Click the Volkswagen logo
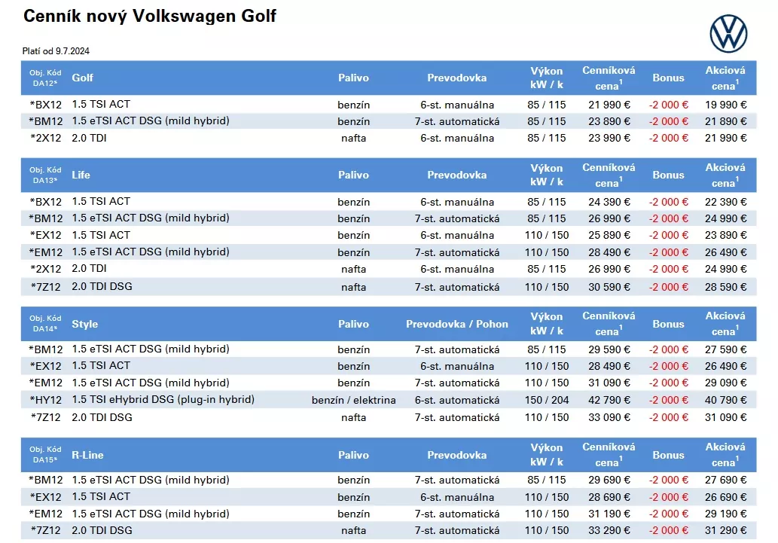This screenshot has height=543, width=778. [728, 34]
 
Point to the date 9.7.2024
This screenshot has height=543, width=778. [72, 51]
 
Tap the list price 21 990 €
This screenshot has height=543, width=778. [609, 105]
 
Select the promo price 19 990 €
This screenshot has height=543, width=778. [725, 105]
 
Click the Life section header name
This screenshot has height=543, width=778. [81, 175]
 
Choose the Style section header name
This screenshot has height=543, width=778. [85, 324]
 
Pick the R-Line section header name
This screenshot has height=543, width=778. [87, 455]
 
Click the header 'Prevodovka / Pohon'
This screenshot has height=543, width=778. [457, 324]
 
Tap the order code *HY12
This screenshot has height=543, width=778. [46, 400]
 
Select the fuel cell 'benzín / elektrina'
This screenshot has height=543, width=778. [354, 400]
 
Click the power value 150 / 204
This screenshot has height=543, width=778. [546, 400]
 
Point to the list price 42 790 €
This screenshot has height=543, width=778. [609, 400]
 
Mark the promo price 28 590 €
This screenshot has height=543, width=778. [725, 287]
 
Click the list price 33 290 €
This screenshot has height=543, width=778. [609, 531]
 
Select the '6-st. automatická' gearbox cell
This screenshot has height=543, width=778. [457, 400]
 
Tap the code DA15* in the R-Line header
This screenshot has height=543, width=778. [45, 460]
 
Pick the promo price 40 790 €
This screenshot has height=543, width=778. [725, 400]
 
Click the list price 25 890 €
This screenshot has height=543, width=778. [609, 235]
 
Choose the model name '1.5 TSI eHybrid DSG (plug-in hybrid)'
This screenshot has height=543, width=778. [163, 400]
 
